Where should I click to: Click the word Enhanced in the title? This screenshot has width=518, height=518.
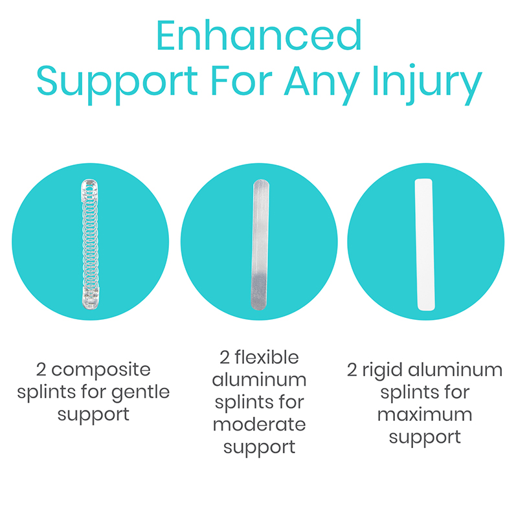click(259, 36)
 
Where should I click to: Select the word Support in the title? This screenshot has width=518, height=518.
click(117, 85)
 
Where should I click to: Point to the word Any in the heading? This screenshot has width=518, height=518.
click(322, 84)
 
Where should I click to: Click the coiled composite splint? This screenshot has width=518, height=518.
click(90, 244)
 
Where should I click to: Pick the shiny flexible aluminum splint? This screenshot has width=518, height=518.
click(260, 245)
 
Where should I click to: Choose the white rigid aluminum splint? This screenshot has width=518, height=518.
click(425, 245)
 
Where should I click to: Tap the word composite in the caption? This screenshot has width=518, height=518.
click(101, 370)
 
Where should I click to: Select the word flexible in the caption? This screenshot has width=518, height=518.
click(267, 357)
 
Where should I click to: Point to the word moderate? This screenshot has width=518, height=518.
click(260, 425)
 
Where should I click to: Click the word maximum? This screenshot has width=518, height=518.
click(425, 415)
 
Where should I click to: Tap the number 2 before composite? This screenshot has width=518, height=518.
click(41, 370)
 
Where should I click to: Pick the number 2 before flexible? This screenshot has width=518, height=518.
click(224, 357)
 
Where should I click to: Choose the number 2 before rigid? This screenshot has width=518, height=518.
click(352, 370)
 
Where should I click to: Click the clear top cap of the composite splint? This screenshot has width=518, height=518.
click(89, 189)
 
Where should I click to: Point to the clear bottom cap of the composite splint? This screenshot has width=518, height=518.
click(90, 298)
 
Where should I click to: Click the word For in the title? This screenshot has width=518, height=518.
click(241, 81)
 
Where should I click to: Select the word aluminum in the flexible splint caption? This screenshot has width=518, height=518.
click(260, 380)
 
